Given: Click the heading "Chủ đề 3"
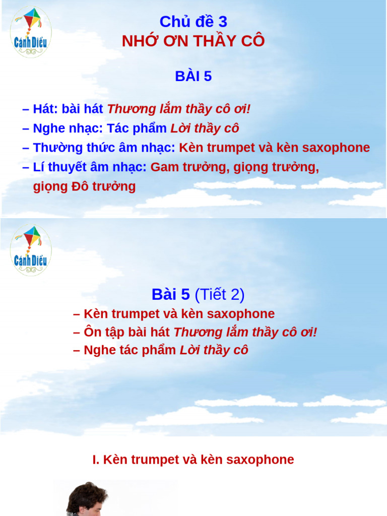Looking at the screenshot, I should click(x=193, y=22).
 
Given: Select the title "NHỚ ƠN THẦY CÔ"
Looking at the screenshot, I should click(x=193, y=41).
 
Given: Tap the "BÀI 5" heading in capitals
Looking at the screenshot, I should click(x=193, y=77).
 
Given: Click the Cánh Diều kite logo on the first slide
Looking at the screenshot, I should click(x=31, y=32).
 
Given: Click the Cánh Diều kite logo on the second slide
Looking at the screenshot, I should click(x=31, y=249).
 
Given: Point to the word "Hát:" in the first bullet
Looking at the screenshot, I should click(x=45, y=109).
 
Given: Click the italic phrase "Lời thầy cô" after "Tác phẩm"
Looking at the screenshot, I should click(x=205, y=128).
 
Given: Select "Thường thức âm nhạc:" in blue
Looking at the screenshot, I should click(x=104, y=148).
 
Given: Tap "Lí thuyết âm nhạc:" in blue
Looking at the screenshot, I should click(x=90, y=167).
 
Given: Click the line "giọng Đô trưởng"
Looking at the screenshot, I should click(x=84, y=186).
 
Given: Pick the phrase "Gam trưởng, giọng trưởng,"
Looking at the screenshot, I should click(x=235, y=167).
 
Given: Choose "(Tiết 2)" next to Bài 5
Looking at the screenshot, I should click(x=219, y=294).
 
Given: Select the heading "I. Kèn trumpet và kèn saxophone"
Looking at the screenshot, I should click(x=193, y=460).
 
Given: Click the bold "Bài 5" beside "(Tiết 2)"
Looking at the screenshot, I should click(x=170, y=294).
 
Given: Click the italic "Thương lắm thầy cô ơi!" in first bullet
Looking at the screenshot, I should click(x=179, y=109).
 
